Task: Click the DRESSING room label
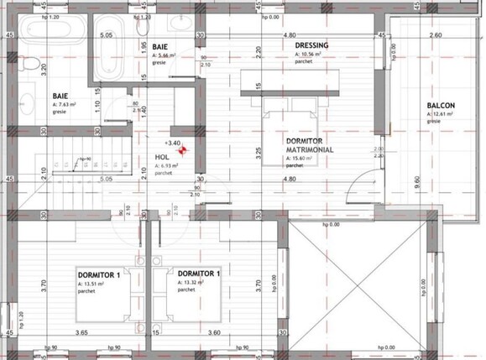tap(311, 46)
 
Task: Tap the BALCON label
tap(441, 105)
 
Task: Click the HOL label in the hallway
tap(162, 157)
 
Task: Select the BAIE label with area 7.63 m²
tap(59, 96)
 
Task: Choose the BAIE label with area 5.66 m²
tap(160, 48)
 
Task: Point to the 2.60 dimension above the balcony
tap(435, 36)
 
